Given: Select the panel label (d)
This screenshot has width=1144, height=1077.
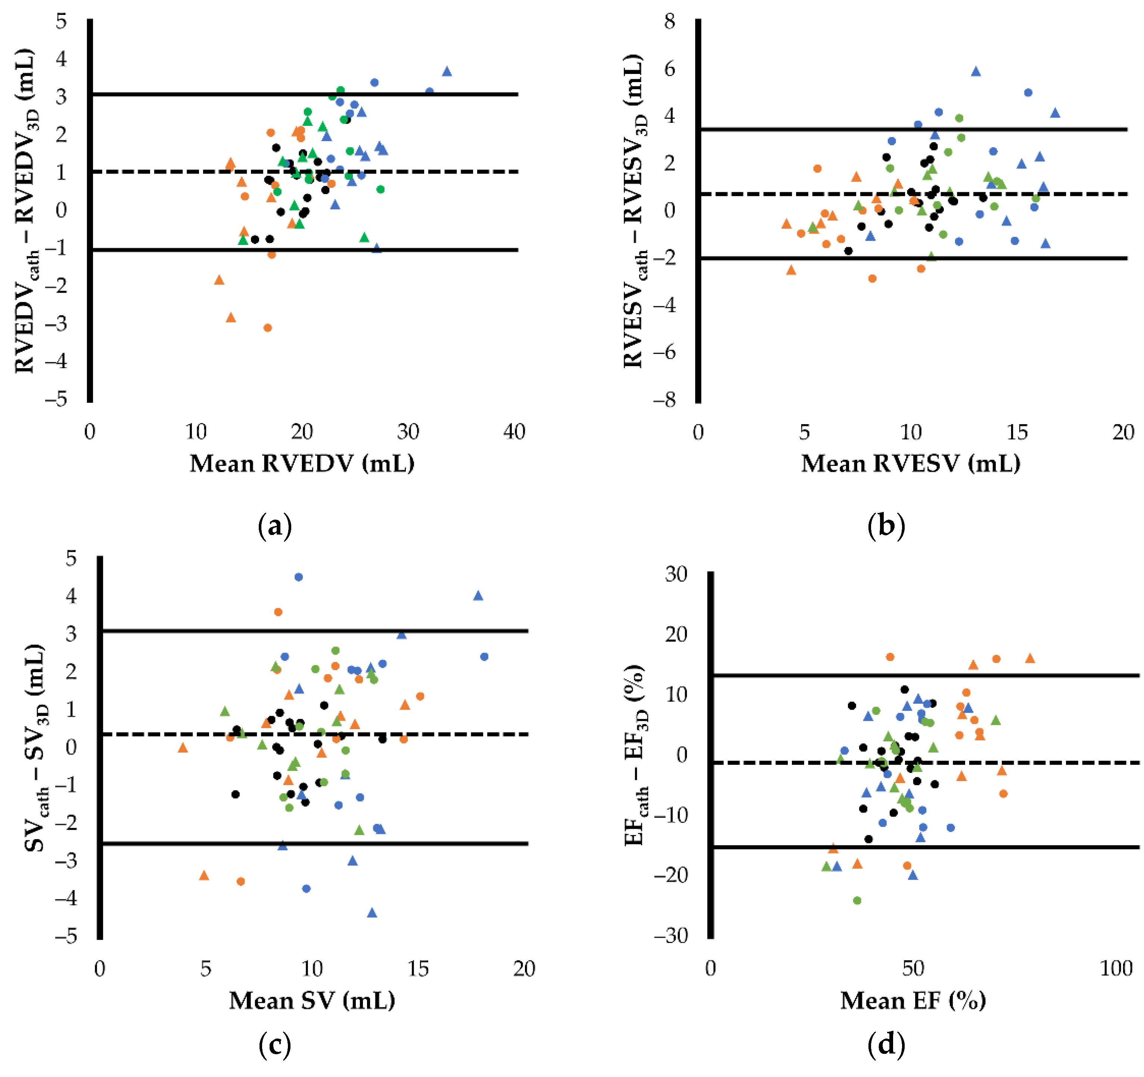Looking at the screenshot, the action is coord(886,1044).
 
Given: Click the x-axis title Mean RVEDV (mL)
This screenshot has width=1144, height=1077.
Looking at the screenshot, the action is coord(302,464).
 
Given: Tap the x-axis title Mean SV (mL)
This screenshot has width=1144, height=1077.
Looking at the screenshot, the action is coord(312,1001).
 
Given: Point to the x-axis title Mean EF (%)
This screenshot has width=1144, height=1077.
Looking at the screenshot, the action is coord(913,1001).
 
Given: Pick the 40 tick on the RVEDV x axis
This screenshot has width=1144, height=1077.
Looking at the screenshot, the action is coord(514,432).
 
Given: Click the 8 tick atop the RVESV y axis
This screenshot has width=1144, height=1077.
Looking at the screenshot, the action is coord(669,22).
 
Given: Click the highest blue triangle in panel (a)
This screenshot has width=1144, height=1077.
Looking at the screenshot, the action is coord(447,71).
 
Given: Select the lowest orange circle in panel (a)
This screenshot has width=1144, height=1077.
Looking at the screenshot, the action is coord(268,328).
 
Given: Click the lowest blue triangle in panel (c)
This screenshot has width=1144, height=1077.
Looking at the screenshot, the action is coord(372,912).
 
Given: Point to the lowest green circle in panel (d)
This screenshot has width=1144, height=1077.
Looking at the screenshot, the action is coord(857,900).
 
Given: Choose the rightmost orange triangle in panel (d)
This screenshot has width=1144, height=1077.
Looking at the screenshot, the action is coord(1030,658).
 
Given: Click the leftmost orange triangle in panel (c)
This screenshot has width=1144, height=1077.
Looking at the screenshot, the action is coord(183,747).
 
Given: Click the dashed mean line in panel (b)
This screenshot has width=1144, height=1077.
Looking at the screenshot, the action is coord(913,194).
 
